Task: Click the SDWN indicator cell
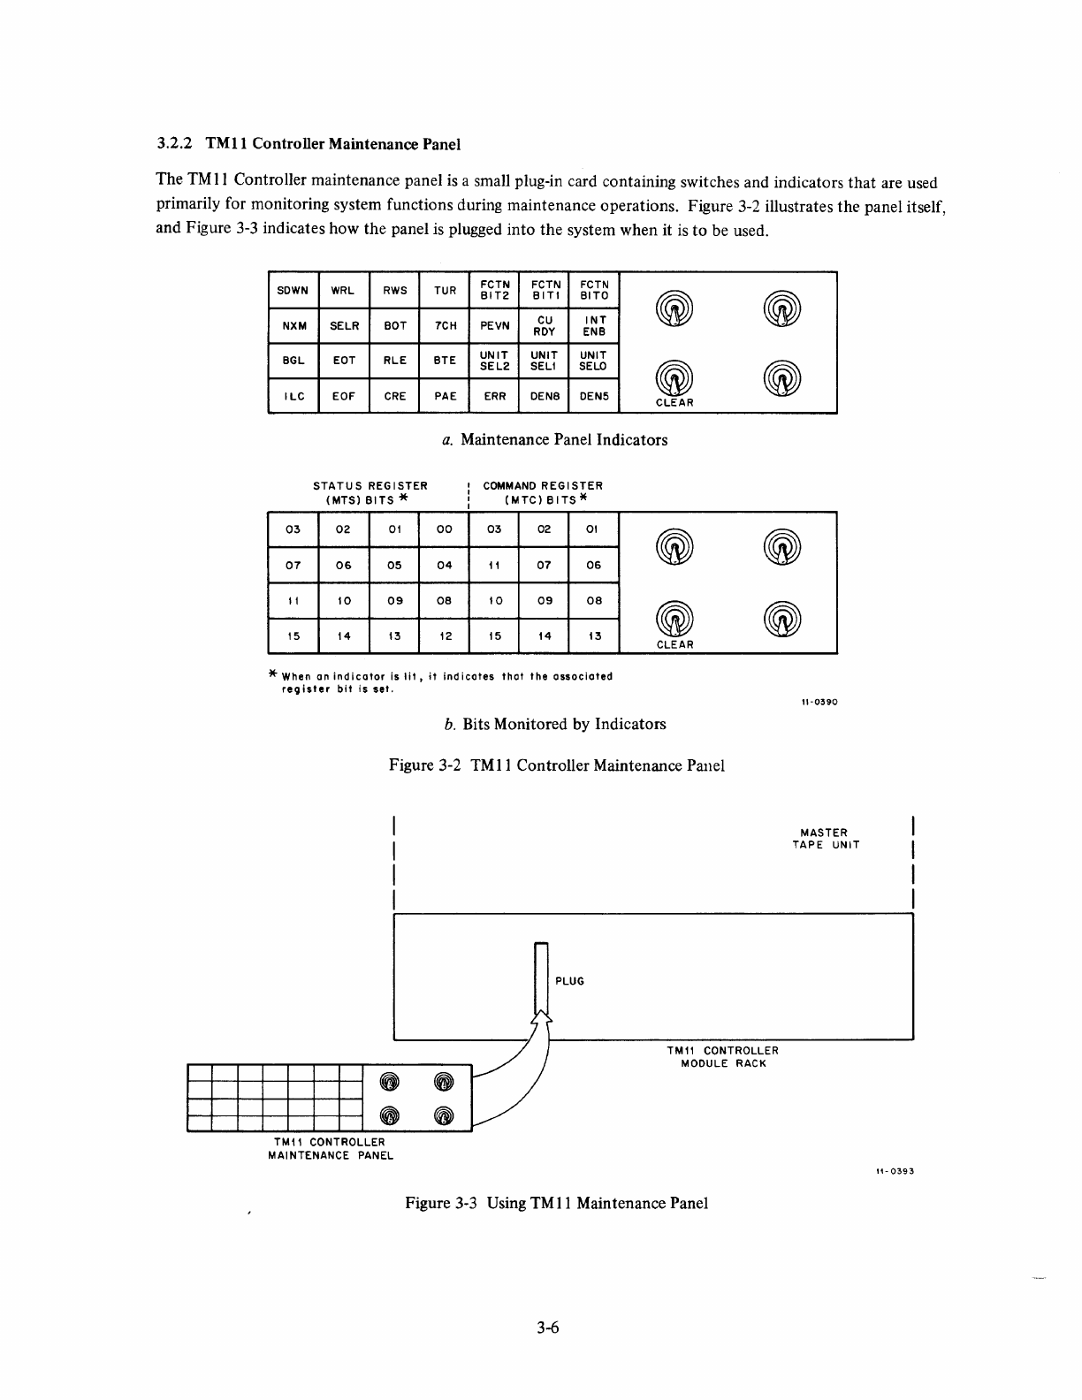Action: (293, 290)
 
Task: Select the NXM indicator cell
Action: (293, 325)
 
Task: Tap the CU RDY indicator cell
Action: (545, 325)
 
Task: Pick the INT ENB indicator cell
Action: (594, 325)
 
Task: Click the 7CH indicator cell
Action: (446, 325)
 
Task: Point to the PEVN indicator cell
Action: (495, 325)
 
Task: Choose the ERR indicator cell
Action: (495, 396)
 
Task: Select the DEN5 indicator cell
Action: (594, 396)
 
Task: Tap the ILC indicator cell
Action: (293, 396)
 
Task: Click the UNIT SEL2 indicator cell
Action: (495, 361)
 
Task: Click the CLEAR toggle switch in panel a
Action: (674, 381)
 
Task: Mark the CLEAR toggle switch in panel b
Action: (674, 622)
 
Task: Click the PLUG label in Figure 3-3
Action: (570, 981)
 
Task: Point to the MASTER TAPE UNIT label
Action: (825, 839)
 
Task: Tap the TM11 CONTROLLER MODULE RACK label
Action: (723, 1057)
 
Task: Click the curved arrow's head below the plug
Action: (542, 1021)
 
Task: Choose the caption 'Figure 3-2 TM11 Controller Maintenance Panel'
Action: (557, 765)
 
